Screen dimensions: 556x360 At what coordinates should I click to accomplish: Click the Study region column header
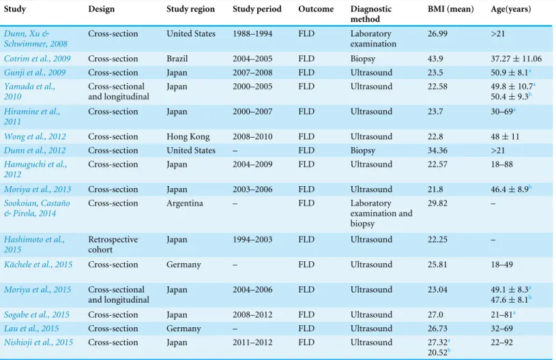pos(190,9)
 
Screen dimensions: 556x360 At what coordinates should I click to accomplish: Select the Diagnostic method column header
pos(371,14)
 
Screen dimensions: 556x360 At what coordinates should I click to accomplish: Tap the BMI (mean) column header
pos(450,9)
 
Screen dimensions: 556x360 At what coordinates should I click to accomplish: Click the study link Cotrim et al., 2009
pos(38,59)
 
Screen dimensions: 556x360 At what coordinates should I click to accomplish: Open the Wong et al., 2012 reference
pos(35,136)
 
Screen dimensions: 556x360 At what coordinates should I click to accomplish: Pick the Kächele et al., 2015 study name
pos(38,265)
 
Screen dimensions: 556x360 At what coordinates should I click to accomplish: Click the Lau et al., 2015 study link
pos(31,329)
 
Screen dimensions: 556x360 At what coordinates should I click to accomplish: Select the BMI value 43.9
pos(435,59)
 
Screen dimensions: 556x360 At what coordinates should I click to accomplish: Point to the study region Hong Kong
pos(188,137)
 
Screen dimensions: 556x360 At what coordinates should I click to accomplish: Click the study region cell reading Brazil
pos(177,59)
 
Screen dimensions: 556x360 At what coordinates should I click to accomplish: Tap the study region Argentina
pos(185,203)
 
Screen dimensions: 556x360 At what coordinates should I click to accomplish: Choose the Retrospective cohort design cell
pos(113,245)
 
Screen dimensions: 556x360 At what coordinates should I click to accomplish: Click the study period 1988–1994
pos(252,33)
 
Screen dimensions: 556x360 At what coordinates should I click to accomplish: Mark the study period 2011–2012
pos(252,342)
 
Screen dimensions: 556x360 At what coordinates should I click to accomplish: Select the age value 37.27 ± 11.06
pos(516,59)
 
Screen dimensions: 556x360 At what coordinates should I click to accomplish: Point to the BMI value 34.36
pos(437,150)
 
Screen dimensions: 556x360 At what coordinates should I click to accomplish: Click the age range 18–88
pos(501,164)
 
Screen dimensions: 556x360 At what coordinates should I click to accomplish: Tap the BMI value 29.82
pos(437,203)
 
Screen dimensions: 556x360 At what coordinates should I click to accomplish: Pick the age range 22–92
pos(501,342)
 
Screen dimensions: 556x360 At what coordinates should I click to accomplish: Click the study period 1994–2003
pos(252,239)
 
